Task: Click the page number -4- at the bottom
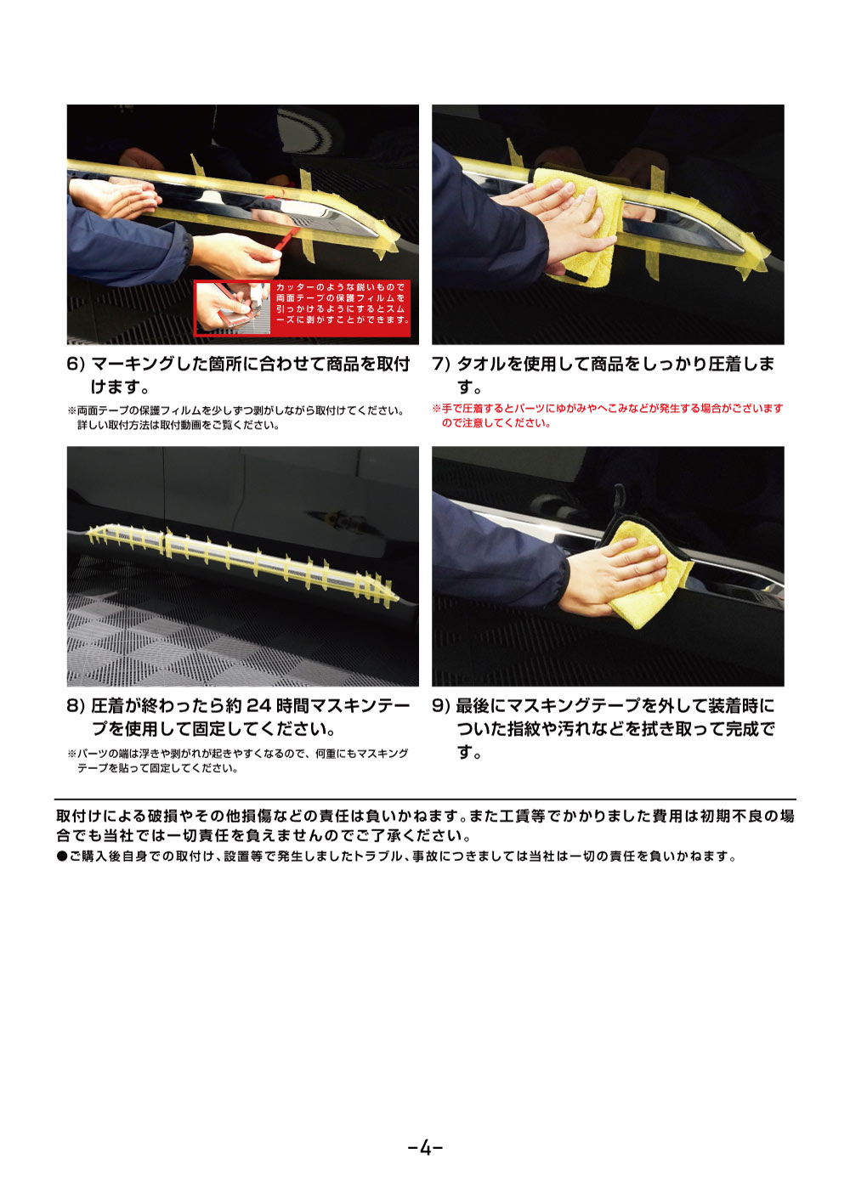tap(425, 1148)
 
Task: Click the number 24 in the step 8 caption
tap(258, 706)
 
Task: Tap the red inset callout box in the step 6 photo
tap(302, 308)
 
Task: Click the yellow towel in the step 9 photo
tap(646, 578)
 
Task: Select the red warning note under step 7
tap(607, 416)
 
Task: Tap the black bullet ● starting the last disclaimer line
tap(61, 857)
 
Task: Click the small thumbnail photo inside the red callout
tap(233, 308)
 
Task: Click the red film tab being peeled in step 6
tap(289, 235)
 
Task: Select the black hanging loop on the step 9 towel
tap(620, 499)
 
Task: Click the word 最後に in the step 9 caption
tap(479, 706)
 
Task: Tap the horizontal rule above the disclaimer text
tap(425, 800)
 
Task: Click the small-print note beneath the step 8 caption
tap(238, 760)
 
